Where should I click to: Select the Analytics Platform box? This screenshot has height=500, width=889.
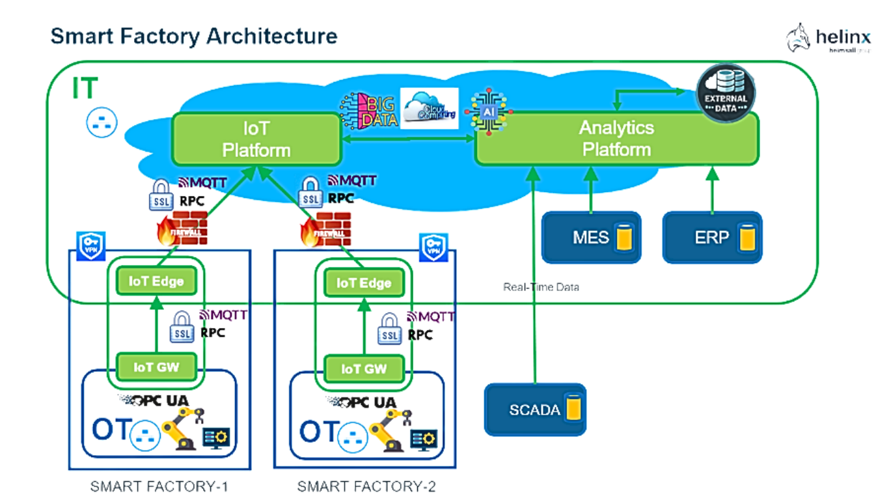click(x=616, y=138)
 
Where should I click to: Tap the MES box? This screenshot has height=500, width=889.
click(x=590, y=237)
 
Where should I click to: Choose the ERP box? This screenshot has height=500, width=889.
click(x=711, y=237)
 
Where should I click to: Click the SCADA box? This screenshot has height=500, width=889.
click(x=534, y=410)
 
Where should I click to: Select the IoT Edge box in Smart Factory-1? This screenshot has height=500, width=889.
click(x=156, y=282)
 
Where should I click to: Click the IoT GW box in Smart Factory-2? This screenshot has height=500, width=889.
click(x=364, y=369)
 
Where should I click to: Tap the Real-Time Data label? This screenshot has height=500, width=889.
click(x=541, y=286)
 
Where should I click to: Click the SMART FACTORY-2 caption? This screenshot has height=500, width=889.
click(x=366, y=486)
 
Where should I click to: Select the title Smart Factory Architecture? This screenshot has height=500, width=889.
click(x=194, y=36)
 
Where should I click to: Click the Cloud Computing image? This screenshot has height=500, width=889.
click(x=430, y=108)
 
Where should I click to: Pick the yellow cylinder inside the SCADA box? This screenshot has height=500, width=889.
click(x=573, y=410)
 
